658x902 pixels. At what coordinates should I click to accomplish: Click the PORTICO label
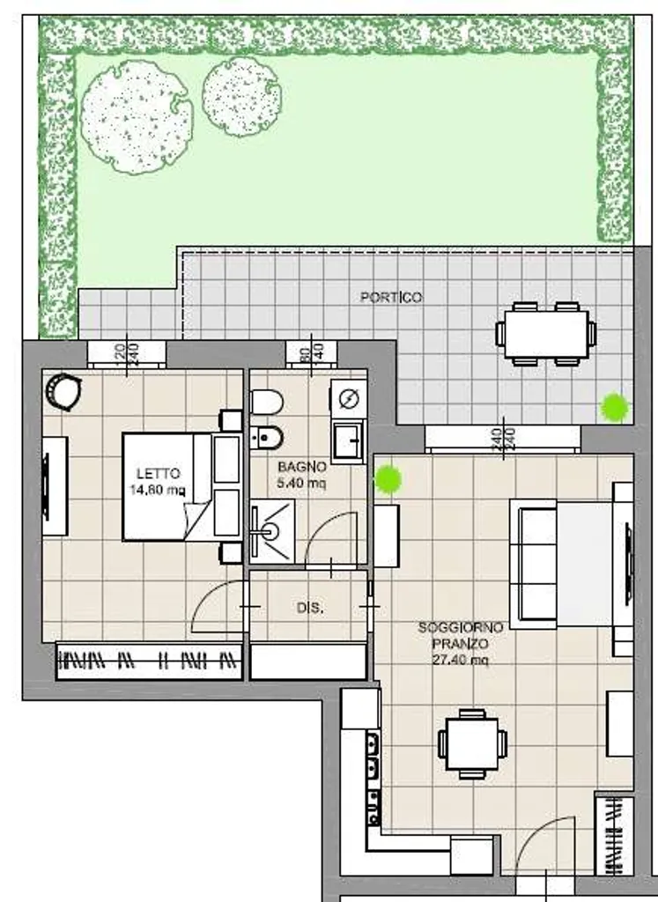tap(391, 297)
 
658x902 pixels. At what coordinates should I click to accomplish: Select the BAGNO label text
tap(302, 467)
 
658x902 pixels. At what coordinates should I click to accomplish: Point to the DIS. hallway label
tap(310, 608)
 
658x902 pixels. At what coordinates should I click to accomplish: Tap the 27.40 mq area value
tap(461, 660)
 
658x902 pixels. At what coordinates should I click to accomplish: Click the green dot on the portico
tap(614, 407)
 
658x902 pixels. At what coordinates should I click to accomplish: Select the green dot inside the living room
tap(388, 478)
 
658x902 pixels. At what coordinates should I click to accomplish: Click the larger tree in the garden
tap(137, 117)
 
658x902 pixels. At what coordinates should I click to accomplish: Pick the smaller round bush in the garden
tap(241, 97)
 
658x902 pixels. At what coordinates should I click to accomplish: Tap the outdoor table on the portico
tap(546, 334)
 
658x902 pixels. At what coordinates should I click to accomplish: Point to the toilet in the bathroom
tap(266, 402)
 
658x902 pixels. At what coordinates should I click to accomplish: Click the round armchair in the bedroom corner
tap(63, 391)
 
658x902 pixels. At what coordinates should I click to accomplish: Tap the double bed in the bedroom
tap(181, 487)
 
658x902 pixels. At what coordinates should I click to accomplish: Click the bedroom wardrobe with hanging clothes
tap(150, 661)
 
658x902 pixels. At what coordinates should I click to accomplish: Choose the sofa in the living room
tap(533, 563)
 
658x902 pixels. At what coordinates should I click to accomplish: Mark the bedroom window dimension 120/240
tap(127, 354)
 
